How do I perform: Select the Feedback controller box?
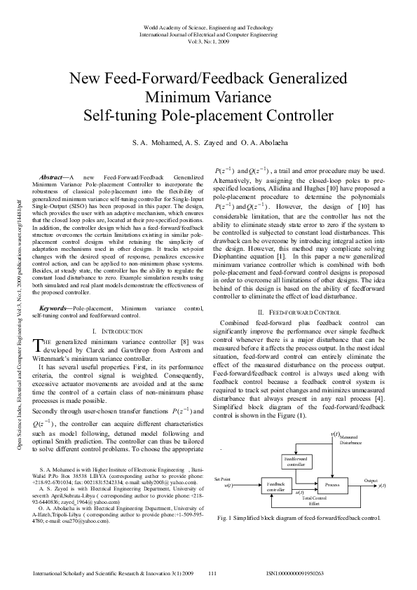(275, 486)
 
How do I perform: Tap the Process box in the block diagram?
(332, 484)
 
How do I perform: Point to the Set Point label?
(222, 479)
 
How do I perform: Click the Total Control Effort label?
(314, 500)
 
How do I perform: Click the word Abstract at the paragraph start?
(53, 179)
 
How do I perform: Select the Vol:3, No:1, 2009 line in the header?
(207, 41)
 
